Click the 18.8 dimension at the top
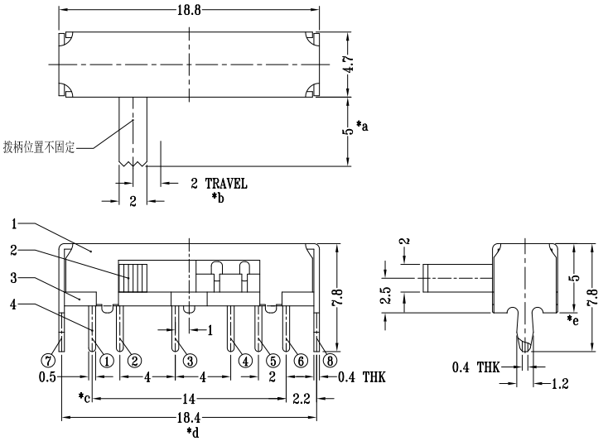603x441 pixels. (x=189, y=11)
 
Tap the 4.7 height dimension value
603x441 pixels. (x=350, y=65)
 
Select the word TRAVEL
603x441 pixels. (x=226, y=184)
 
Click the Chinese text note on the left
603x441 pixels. (x=39, y=147)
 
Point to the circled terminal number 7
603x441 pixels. (x=48, y=361)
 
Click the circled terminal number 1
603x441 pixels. (x=107, y=361)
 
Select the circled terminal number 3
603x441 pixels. (x=190, y=361)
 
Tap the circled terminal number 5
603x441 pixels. (x=273, y=361)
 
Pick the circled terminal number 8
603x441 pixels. (x=330, y=361)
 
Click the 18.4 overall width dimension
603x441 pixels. (x=189, y=418)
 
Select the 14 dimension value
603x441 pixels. (x=189, y=399)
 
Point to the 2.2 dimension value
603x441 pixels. (x=301, y=399)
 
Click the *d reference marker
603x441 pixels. (x=193, y=432)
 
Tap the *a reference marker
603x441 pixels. (x=362, y=126)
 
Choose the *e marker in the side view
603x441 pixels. (x=572, y=320)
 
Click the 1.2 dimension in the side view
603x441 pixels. (x=560, y=383)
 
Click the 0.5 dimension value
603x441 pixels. (x=47, y=377)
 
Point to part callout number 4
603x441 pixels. (x=14, y=305)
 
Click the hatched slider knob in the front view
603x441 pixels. (x=133, y=278)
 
